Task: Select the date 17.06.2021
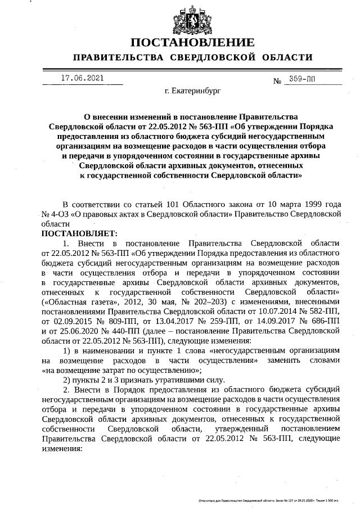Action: [x=82, y=78]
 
